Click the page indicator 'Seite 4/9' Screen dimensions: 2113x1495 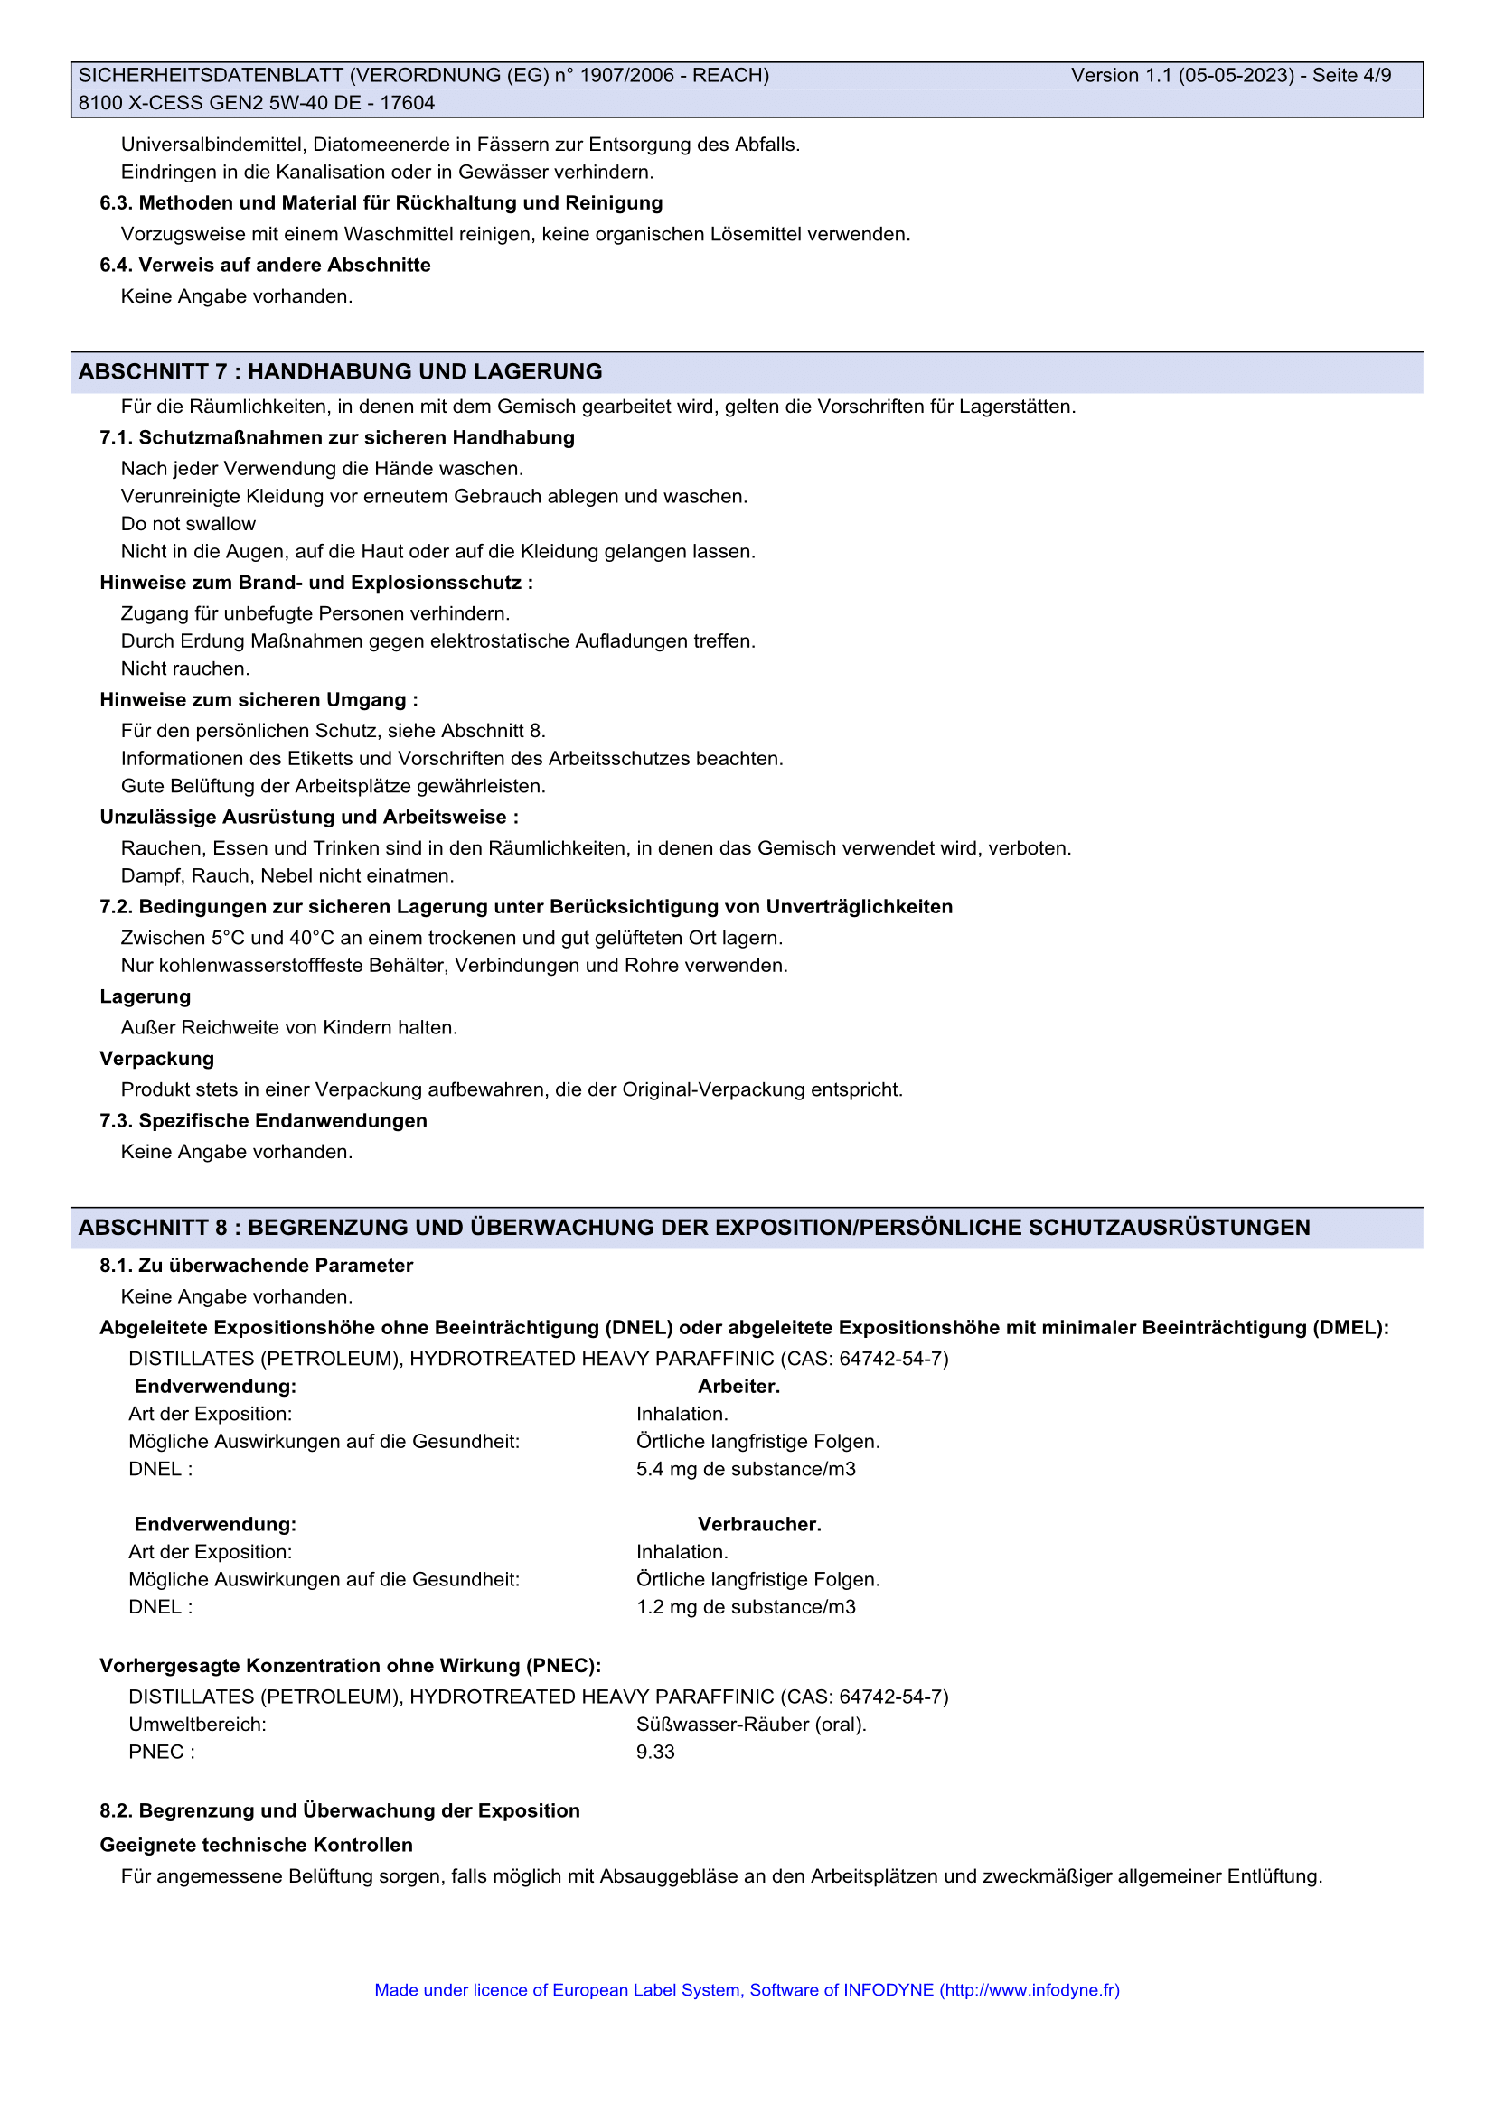point(1351,76)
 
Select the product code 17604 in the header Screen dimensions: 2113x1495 point(407,103)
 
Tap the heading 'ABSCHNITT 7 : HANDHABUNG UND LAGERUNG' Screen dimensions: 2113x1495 point(340,372)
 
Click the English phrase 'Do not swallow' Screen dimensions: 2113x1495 point(189,524)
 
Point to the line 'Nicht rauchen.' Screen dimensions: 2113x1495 point(185,668)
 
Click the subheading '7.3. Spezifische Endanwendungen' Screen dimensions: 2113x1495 point(263,1121)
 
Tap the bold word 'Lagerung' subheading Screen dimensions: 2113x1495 point(146,996)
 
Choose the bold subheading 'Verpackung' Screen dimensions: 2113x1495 point(156,1059)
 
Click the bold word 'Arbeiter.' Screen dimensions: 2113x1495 point(738,1386)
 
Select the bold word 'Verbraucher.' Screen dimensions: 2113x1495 point(759,1524)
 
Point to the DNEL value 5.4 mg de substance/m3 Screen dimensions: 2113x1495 point(746,1469)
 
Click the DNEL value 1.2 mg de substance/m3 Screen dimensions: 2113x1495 point(746,1607)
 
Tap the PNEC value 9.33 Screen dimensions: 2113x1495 point(655,1753)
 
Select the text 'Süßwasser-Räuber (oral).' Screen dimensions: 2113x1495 point(751,1725)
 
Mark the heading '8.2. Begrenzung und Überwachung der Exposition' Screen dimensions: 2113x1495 point(340,1811)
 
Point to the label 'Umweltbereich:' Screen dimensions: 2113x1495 point(197,1725)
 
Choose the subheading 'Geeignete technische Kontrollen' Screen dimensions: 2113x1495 point(256,1846)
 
